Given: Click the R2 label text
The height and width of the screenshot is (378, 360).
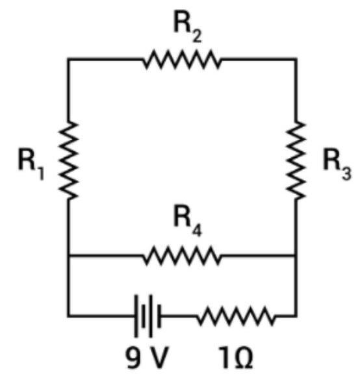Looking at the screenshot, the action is (x=188, y=29).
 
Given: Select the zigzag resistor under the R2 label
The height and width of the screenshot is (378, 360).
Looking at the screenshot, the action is (x=182, y=59).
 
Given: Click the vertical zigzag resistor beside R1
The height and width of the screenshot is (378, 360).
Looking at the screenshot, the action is (x=68, y=160).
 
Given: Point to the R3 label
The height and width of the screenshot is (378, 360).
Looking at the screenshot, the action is (x=337, y=167).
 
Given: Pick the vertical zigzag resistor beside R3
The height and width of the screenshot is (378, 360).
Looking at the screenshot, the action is (x=296, y=160).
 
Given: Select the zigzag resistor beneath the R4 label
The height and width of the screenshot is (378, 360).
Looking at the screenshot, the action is (x=182, y=255).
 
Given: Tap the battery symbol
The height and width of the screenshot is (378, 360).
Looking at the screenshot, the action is (x=148, y=316).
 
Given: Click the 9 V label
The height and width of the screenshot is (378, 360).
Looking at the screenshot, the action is (x=146, y=358).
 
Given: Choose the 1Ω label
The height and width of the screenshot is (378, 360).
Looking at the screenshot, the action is (x=235, y=358).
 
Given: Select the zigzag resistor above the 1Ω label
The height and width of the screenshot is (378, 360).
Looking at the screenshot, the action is (x=236, y=316).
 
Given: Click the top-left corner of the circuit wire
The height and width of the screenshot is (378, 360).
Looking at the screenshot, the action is (x=68, y=59).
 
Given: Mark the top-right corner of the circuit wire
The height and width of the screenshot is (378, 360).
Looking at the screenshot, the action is (x=296, y=59).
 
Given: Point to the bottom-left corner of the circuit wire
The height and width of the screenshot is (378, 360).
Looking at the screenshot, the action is (x=68, y=316).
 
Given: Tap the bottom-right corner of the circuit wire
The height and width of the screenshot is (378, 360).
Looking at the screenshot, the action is (x=296, y=316).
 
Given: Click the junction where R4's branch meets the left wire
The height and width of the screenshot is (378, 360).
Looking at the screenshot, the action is (x=68, y=255).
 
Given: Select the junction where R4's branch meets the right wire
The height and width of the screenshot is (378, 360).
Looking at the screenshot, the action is (x=296, y=255).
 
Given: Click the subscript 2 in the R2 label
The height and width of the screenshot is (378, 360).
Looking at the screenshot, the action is (x=197, y=36).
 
